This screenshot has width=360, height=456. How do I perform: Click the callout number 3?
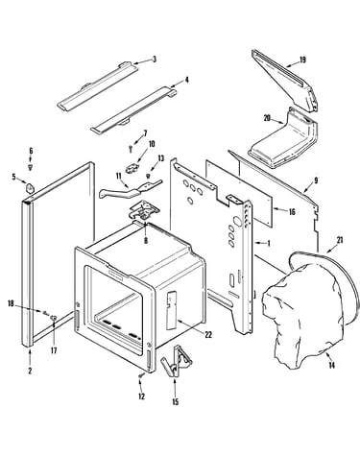pyautogui.click(x=155, y=60)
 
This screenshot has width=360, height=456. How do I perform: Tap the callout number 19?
pyautogui.click(x=302, y=60)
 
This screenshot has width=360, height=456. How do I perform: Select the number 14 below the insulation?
pyautogui.click(x=332, y=365)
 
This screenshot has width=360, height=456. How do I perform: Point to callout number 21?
pyautogui.click(x=340, y=240)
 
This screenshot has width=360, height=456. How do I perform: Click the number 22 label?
pyautogui.click(x=208, y=335)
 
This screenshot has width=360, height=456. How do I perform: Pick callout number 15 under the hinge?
pyautogui.click(x=175, y=402)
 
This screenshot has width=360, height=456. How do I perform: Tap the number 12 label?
pyautogui.click(x=141, y=396)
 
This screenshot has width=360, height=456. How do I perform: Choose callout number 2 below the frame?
pyautogui.click(x=30, y=371)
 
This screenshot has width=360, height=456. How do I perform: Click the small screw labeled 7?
pyautogui.click(x=131, y=148)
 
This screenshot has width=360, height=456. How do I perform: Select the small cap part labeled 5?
pyautogui.click(x=30, y=188)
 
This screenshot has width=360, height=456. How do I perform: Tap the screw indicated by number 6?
pyautogui.click(x=31, y=167)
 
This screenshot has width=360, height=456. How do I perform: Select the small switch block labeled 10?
pyautogui.click(x=132, y=168)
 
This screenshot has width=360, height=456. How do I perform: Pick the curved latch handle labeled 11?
pyautogui.click(x=128, y=189)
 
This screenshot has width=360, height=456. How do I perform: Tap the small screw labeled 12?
pyautogui.click(x=140, y=375)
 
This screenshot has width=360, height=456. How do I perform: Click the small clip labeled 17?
pyautogui.click(x=54, y=318)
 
